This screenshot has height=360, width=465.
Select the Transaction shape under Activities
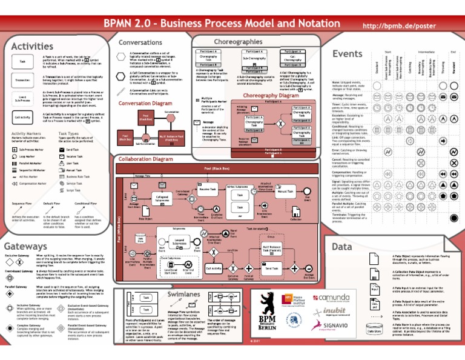(x=22, y=79)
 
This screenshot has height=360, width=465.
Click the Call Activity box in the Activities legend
(x=22, y=117)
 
